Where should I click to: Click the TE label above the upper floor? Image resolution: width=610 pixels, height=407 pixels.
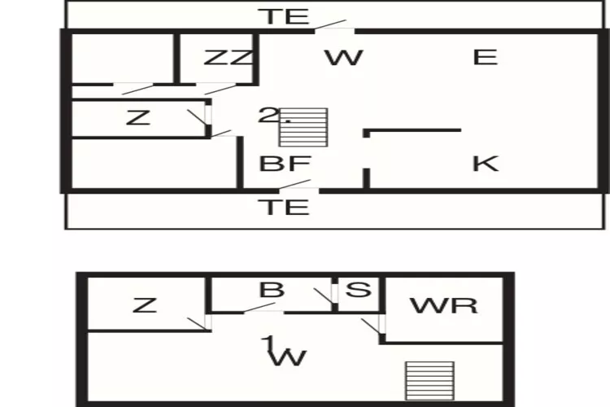coord(284,15)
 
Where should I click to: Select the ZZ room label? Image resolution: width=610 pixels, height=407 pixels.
coord(229,58)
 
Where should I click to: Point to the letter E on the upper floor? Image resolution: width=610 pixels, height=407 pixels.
coord(485,57)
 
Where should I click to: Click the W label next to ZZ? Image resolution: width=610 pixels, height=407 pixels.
coord(342,58)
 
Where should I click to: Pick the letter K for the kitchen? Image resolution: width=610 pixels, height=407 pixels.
coord(485,164)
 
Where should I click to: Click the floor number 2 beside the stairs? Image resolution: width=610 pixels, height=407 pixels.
coord(266,116)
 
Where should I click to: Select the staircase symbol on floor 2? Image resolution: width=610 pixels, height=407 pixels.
coord(303,127)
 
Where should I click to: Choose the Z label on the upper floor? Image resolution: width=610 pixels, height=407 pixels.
coord(138,118)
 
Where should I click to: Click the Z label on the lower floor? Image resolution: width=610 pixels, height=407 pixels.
coord(144,306)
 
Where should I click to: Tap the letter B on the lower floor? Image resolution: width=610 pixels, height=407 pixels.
coord(271,290)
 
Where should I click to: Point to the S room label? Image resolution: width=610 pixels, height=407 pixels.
coord(357,290)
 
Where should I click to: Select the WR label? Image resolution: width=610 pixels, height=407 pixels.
coord(443,306)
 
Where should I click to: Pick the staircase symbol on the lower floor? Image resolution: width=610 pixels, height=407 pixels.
coord(429,380)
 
